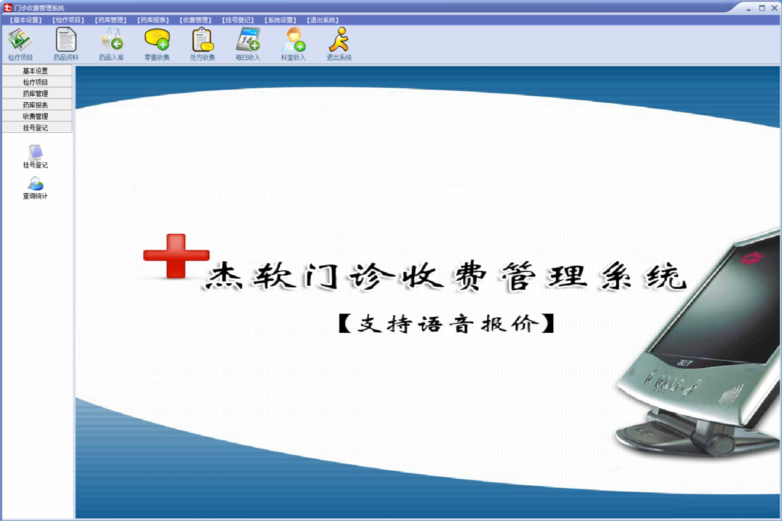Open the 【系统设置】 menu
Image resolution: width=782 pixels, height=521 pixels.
coord(280,20)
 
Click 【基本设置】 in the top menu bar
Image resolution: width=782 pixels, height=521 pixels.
coord(26,20)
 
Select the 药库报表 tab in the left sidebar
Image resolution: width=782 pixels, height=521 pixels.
coord(35,105)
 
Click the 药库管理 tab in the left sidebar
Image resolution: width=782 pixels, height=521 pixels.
coord(35,94)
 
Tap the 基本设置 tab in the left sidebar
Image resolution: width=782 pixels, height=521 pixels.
coord(35,71)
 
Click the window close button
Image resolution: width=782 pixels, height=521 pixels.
coord(774,8)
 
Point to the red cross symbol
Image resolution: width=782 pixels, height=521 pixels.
coord(175,256)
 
